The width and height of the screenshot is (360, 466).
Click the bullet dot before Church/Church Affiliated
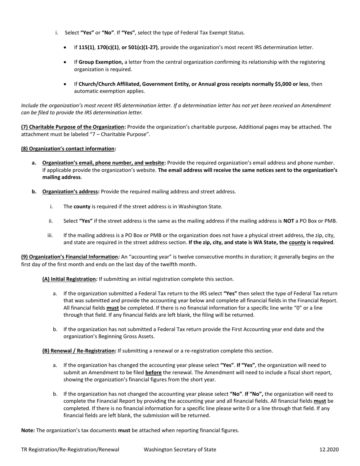point(66,84)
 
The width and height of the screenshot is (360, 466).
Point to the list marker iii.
point(50,235)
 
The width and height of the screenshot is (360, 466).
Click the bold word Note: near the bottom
point(28,430)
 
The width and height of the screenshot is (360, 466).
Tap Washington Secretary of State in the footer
point(180,450)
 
